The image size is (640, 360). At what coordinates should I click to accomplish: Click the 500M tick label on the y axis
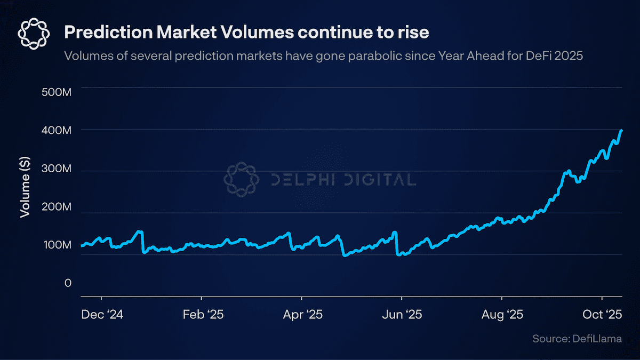pos(56,93)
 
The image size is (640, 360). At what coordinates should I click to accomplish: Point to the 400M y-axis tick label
pos(56,131)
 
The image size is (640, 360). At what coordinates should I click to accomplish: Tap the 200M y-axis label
pos(56,207)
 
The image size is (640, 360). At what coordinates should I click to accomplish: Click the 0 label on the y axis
pos(68,283)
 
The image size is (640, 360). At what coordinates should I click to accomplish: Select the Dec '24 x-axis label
pos(102,315)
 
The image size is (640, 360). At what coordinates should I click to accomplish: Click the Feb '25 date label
pos(203,315)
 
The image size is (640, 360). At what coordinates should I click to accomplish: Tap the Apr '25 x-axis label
pos(303,315)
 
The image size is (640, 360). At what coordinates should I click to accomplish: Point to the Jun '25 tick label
pos(403,315)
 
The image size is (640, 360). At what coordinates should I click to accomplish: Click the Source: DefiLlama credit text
pos(577,339)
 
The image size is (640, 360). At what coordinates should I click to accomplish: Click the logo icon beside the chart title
pos(34,33)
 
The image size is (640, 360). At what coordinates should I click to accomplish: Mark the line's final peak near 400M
pos(621,130)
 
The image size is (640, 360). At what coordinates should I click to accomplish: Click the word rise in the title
pos(415,33)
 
